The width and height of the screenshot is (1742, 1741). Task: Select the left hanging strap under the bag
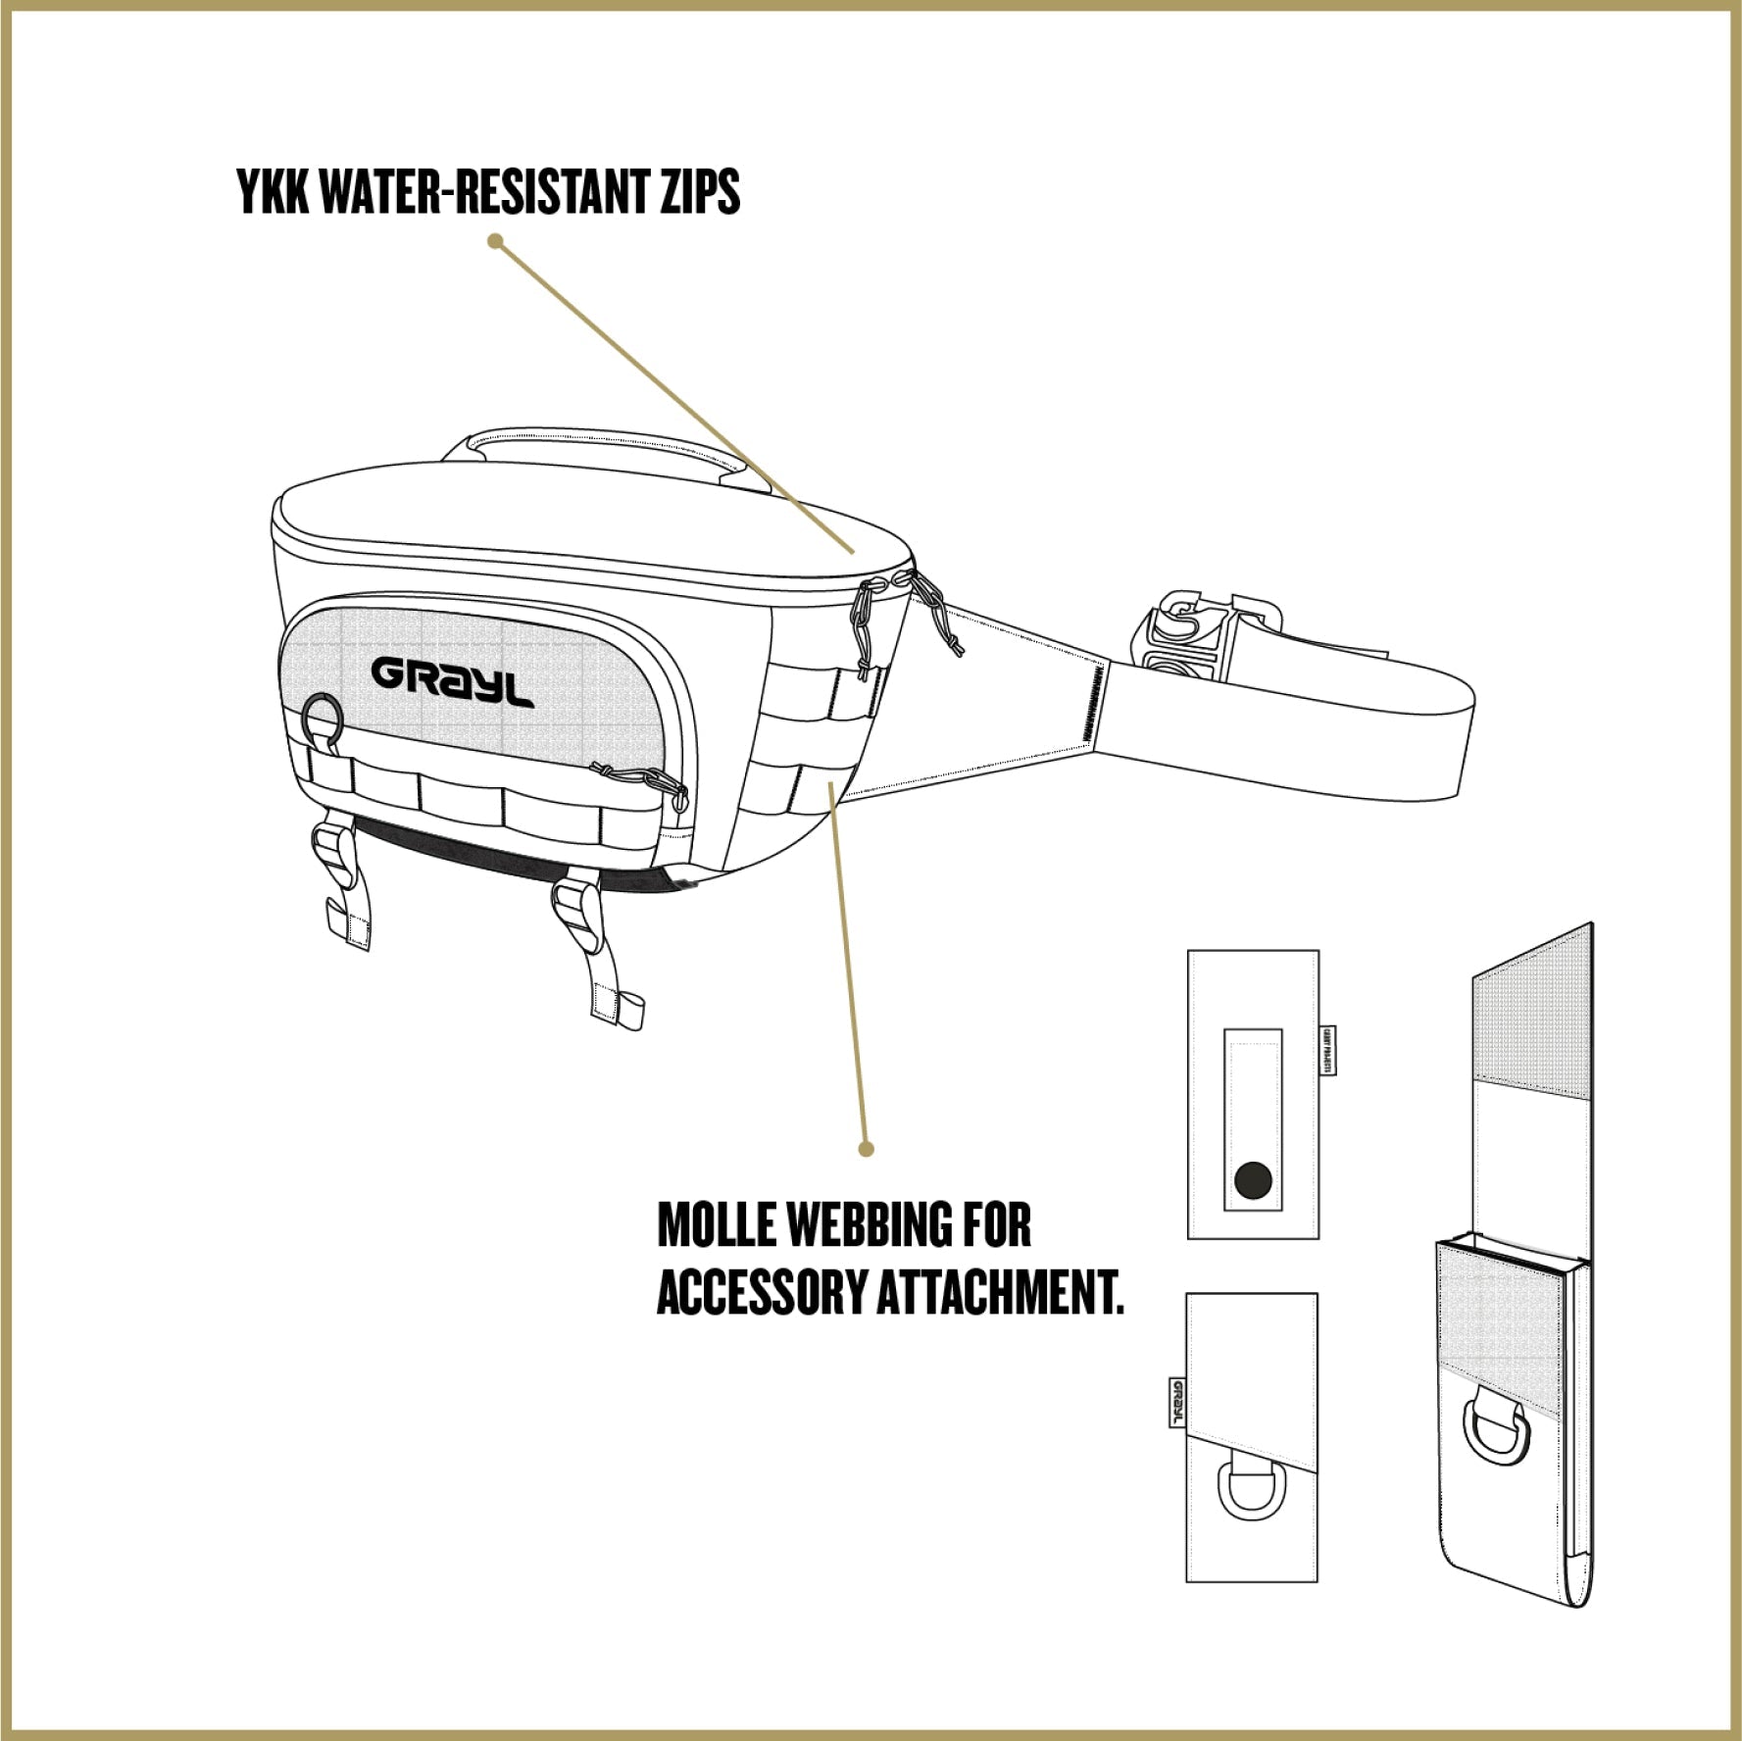tap(343, 887)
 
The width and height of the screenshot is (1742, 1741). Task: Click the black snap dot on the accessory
tap(1254, 1180)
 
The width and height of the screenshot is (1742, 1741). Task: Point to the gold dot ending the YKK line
tap(496, 240)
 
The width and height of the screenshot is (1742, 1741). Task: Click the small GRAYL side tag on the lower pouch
tap(1177, 1403)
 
